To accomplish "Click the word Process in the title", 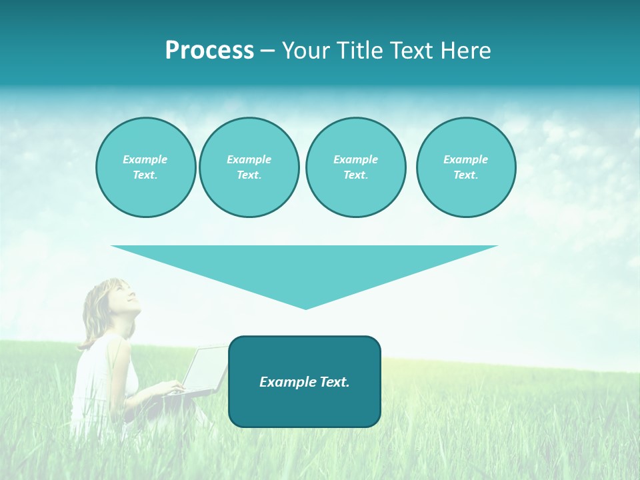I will (209, 51).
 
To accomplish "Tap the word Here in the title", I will (467, 51).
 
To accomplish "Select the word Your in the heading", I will (307, 51).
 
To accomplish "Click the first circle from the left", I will (145, 167).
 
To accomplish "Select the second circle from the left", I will (249, 167).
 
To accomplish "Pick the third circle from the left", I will (355, 167).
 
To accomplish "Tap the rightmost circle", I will (466, 167).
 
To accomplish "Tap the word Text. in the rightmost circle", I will (466, 175).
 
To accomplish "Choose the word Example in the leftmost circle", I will (145, 159).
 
